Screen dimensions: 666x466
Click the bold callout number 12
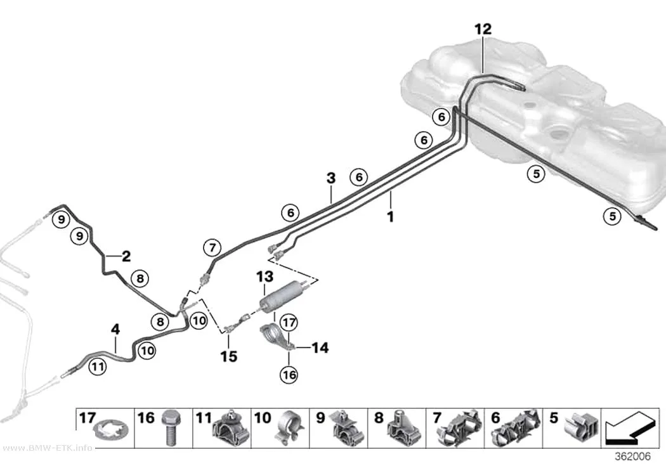(483, 29)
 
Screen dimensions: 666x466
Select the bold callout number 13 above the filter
(264, 276)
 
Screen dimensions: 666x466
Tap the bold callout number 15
(228, 356)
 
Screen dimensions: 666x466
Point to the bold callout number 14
(320, 347)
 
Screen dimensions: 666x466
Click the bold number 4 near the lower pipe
(115, 329)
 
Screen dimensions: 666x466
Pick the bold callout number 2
(126, 256)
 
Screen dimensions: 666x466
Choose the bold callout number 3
(331, 178)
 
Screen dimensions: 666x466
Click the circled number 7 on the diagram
(212, 247)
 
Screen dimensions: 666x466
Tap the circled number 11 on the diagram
(98, 366)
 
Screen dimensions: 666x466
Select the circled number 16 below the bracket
(289, 375)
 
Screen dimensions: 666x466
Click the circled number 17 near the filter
(289, 323)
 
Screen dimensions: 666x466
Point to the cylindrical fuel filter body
(280, 295)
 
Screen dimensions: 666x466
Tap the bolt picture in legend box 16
(171, 428)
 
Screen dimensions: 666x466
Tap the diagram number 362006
(633, 456)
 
